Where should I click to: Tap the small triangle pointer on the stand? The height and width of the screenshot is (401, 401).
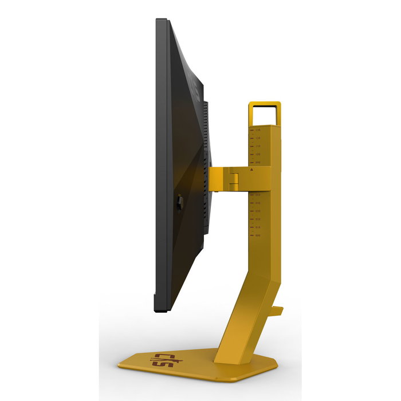coord(252,169)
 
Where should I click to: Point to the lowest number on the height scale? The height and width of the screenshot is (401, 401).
coord(258,235)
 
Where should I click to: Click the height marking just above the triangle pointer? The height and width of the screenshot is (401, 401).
coord(258,163)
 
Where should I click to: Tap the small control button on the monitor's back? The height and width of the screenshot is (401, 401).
coord(179,202)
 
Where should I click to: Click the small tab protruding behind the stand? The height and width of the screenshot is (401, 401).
coord(278,311)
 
